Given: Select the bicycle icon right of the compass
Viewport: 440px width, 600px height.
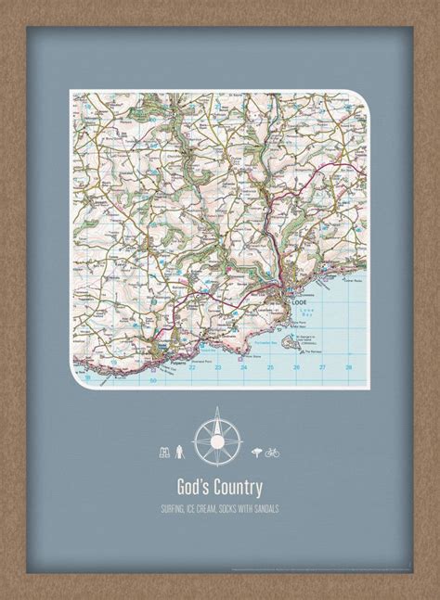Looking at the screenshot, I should (x=272, y=453).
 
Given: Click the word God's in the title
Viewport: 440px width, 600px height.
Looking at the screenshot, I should (x=192, y=486).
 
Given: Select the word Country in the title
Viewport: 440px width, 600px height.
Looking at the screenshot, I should (x=237, y=486).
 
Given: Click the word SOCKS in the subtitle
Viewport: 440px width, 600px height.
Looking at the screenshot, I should (x=239, y=508).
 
